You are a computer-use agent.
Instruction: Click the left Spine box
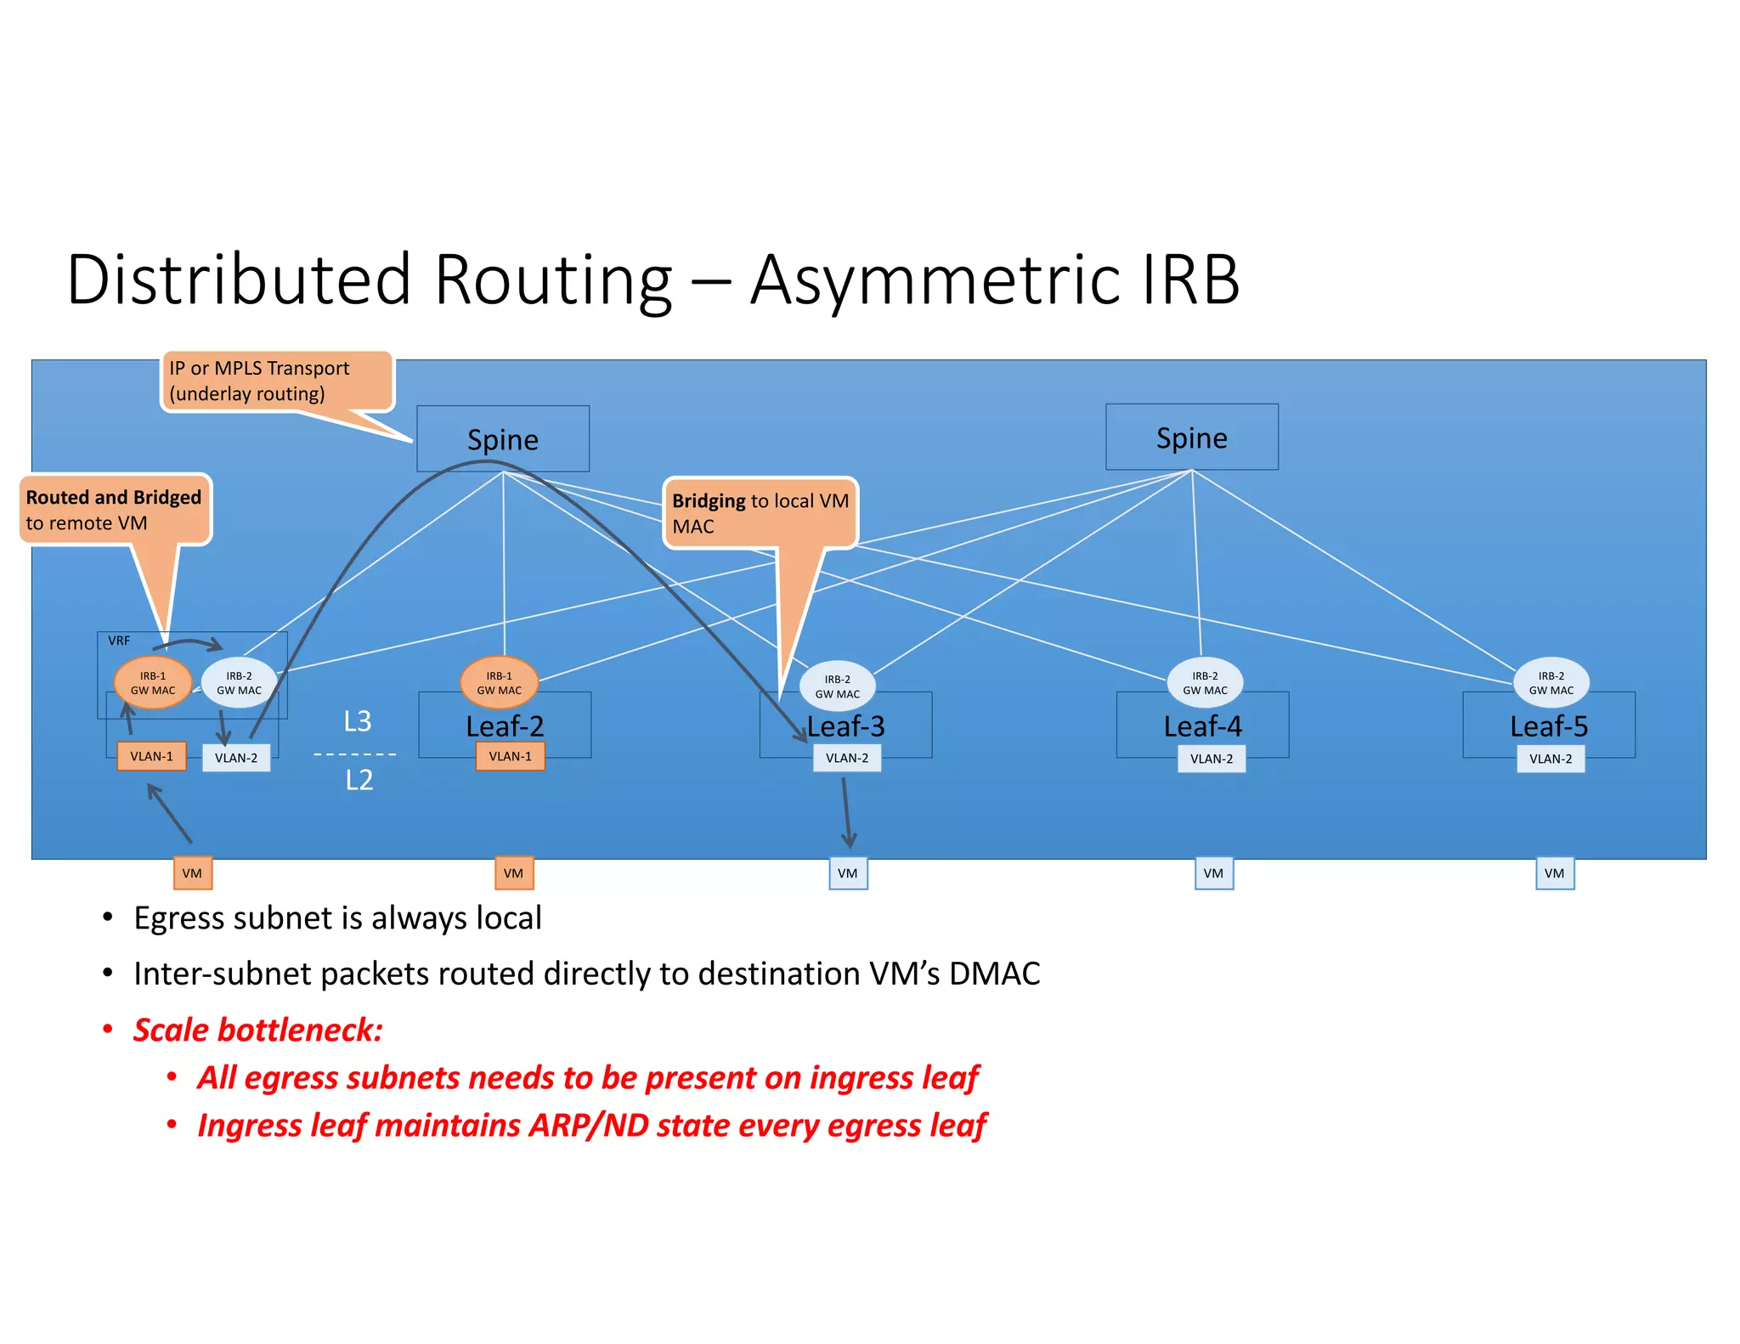[502, 439]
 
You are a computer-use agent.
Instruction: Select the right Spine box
[1191, 438]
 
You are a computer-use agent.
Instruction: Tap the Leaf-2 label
[505, 726]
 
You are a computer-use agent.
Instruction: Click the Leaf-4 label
[1202, 726]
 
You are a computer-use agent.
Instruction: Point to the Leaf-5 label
[1548, 726]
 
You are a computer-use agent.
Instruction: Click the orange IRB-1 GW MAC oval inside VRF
[153, 683]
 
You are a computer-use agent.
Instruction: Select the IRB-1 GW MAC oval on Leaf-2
[499, 683]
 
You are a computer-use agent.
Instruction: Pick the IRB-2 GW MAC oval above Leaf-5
[1551, 683]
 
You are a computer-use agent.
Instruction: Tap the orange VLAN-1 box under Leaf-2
[510, 756]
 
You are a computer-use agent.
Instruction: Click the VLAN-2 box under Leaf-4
[1211, 759]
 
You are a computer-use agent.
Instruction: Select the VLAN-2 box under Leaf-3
[847, 758]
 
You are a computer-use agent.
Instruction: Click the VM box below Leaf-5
[1554, 873]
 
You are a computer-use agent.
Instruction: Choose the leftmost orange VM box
[192, 873]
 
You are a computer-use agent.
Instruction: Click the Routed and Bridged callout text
[114, 509]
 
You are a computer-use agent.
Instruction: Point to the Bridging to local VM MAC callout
[760, 513]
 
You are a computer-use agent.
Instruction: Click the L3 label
[358, 721]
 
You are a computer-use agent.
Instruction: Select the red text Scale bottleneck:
[258, 1030]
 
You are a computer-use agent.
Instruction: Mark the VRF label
[119, 641]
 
